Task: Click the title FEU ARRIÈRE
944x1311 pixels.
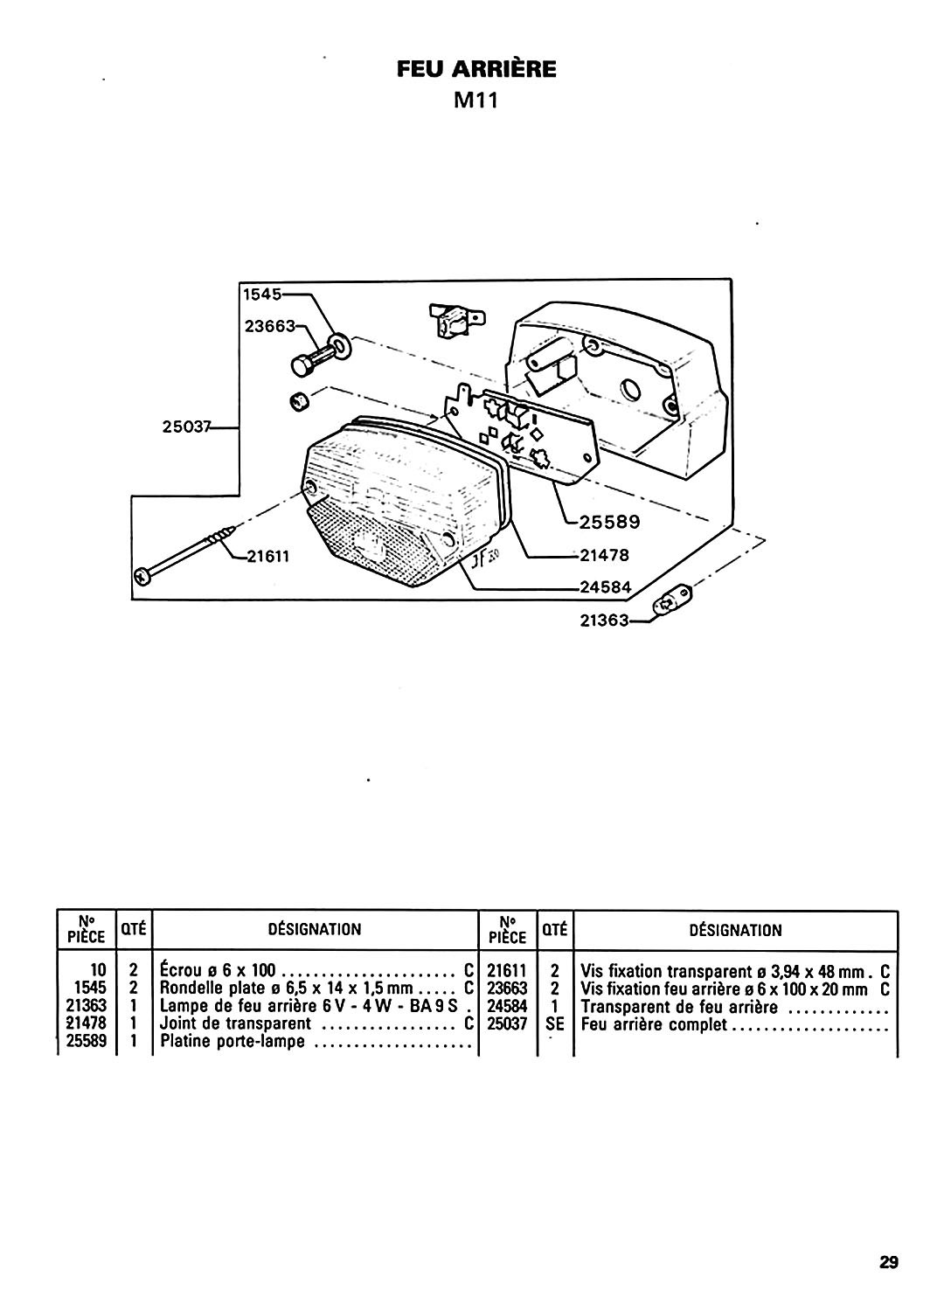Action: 476,69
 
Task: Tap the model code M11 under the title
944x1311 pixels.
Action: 475,101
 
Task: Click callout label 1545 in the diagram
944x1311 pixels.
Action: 262,295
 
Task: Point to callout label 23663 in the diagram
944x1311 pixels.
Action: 270,326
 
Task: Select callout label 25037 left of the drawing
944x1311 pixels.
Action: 186,427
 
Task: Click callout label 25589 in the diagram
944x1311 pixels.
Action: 609,522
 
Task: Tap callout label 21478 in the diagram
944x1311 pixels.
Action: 604,554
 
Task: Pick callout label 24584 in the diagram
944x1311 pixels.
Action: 605,586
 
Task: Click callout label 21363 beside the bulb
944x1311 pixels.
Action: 604,620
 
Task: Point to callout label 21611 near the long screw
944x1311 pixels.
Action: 267,555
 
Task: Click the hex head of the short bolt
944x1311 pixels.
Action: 302,366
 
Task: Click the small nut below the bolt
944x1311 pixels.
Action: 300,402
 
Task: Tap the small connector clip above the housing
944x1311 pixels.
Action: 456,321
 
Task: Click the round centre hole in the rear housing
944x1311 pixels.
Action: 630,389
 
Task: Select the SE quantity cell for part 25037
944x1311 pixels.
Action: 554,1024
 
